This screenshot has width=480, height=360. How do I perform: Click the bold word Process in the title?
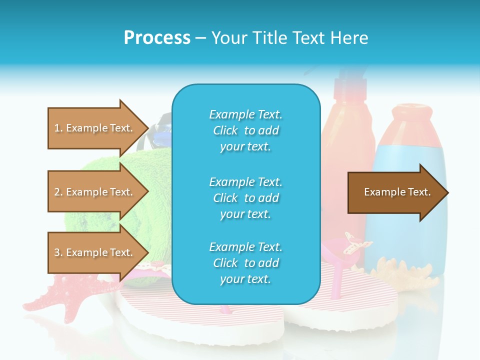157,37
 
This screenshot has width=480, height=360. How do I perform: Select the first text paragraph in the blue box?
245,130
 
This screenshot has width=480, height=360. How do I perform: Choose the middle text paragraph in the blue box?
245,198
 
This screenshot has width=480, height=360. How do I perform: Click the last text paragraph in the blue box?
245,263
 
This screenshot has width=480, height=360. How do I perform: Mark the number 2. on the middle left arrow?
58,192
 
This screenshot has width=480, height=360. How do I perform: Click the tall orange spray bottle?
347,150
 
